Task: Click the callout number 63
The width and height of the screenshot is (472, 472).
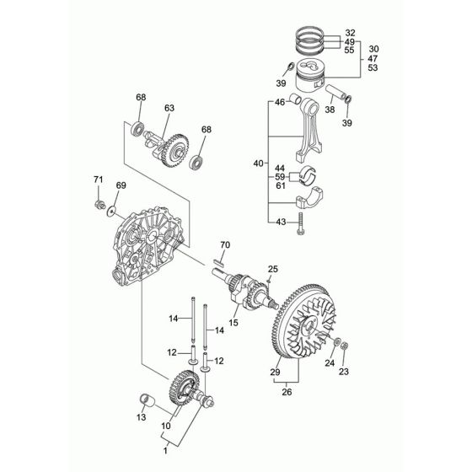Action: point(169,107)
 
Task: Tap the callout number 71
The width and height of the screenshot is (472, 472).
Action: point(98,180)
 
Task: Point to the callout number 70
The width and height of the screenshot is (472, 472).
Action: point(224,245)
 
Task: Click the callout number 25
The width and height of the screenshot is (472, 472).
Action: point(272,268)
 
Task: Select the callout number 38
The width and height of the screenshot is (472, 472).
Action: point(330,110)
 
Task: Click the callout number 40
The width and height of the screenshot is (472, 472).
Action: point(258,163)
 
